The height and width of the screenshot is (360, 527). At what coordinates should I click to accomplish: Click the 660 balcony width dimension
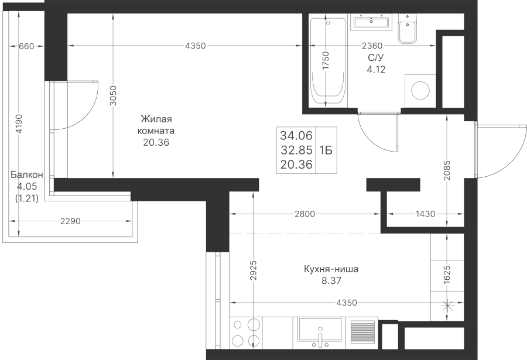pos(26,46)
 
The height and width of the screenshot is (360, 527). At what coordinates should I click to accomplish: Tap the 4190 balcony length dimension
pos(19,124)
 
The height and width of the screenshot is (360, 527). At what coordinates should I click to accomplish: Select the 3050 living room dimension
pos(114,96)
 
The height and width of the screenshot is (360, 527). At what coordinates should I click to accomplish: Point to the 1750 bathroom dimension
pos(326,61)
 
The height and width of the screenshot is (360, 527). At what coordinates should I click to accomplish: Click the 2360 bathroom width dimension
pos(372,46)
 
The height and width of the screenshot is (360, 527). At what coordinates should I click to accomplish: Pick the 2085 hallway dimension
pos(447,170)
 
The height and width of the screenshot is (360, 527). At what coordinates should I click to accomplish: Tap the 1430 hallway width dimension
pos(426,214)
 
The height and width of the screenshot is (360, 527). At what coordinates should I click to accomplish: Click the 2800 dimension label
pos(305,214)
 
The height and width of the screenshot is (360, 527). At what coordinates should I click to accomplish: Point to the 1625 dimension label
pos(447,275)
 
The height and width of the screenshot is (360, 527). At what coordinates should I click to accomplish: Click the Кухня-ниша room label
pos(331,269)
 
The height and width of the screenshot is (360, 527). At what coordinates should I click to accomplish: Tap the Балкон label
pos(27,175)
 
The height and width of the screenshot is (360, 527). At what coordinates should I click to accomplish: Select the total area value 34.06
pos(296,135)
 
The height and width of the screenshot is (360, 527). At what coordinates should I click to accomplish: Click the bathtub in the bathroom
pos(328,61)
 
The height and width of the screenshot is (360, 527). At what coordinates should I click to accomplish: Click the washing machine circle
pos(420,90)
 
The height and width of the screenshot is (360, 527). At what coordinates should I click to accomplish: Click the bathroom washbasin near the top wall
pos(371,22)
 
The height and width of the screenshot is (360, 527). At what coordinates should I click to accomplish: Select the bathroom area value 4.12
pos(376,69)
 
